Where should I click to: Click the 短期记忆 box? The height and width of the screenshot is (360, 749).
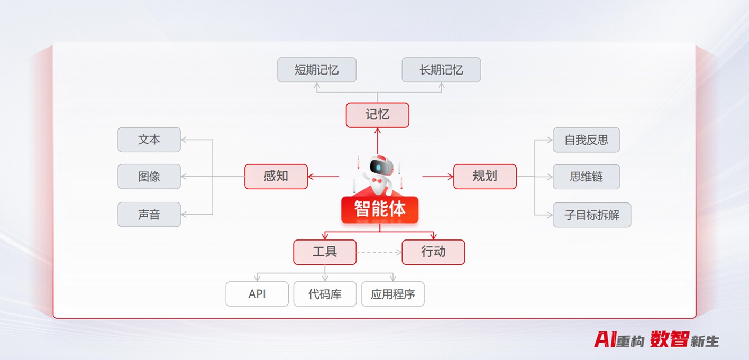[x=317, y=70]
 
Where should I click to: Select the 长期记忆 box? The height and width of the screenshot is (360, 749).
[x=441, y=70]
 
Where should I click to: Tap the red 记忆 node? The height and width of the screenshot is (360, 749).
[x=377, y=115]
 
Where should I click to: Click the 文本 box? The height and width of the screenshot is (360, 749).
[x=149, y=140]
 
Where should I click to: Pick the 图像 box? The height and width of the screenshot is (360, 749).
[x=149, y=177]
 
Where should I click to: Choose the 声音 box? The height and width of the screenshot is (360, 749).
[x=149, y=214]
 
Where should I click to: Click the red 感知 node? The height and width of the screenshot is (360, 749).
[x=276, y=176]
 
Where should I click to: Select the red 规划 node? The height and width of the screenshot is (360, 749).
[x=485, y=176]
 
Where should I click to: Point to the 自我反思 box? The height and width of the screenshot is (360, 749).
[x=586, y=140]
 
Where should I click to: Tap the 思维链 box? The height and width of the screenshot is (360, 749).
[x=586, y=177]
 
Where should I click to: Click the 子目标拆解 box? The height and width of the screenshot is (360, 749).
[x=591, y=215]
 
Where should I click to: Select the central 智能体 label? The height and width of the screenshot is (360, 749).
[x=380, y=209]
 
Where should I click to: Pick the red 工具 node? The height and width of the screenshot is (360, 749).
[x=325, y=252]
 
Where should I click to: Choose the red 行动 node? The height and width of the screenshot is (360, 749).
[x=433, y=252]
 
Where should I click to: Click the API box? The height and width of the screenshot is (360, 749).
[x=257, y=294]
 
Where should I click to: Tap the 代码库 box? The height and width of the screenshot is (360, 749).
[x=325, y=294]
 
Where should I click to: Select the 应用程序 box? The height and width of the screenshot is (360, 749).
[x=392, y=294]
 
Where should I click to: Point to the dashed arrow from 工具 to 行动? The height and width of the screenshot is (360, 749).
[x=379, y=252]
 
